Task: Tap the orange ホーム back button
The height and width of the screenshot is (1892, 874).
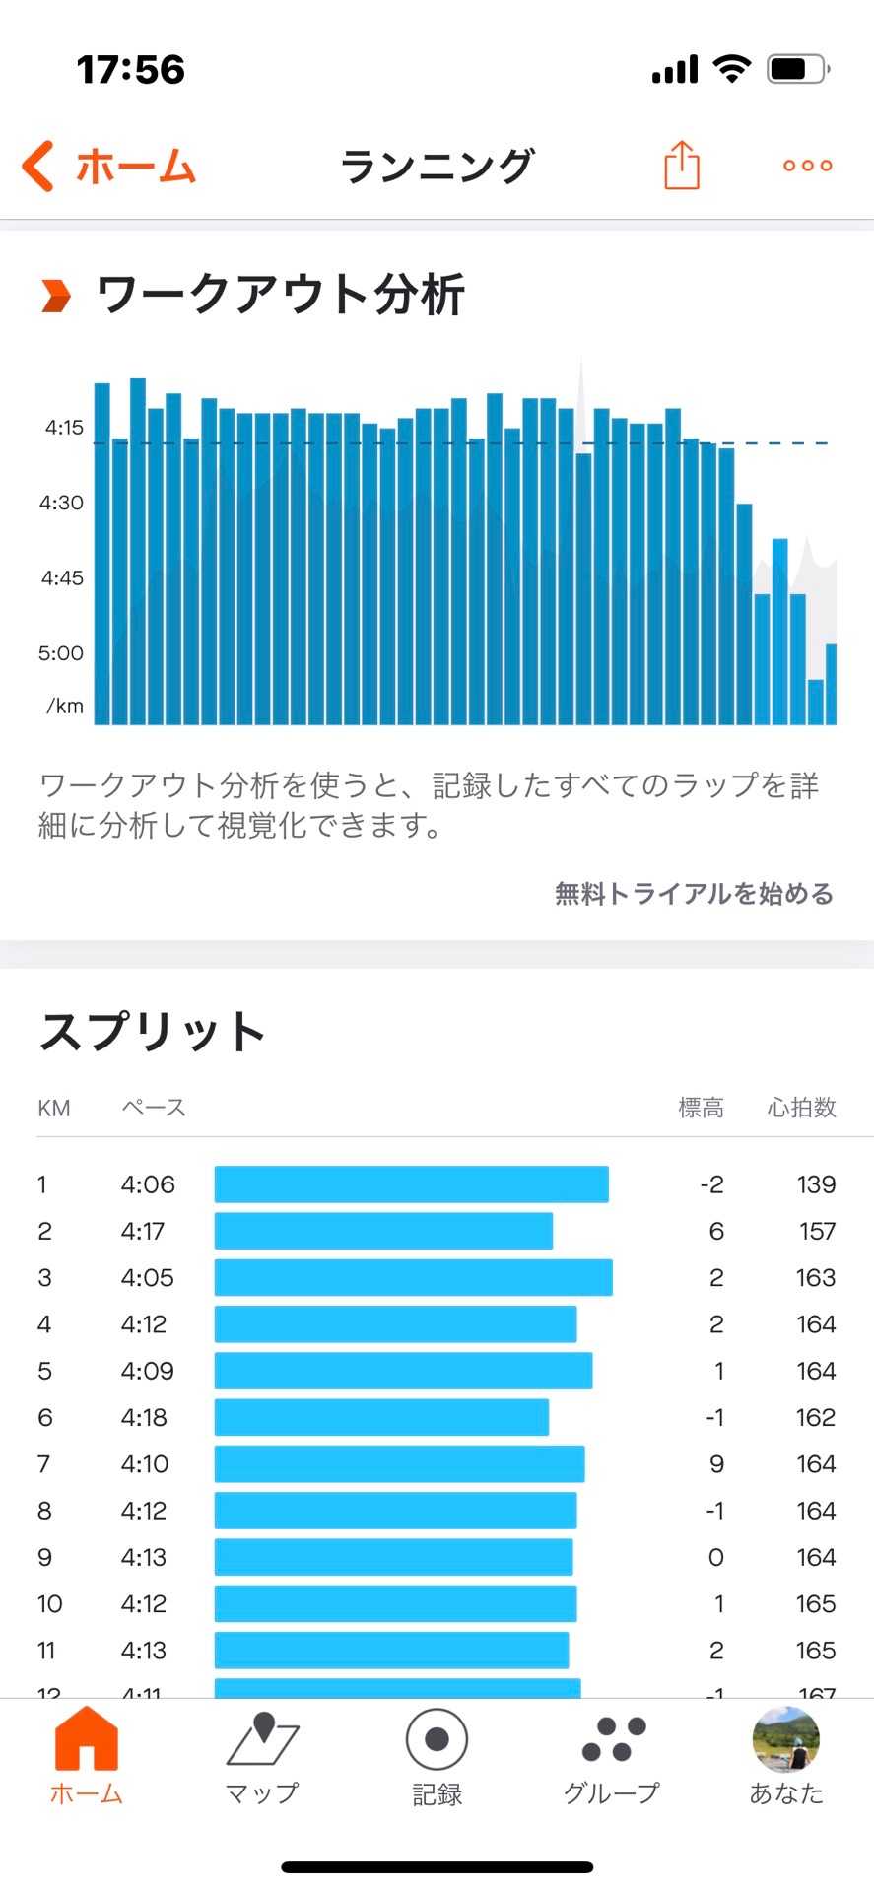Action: point(109,166)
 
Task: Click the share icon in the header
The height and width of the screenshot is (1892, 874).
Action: point(681,165)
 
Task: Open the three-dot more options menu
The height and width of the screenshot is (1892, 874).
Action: point(807,166)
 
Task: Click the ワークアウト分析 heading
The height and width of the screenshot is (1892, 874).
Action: point(280,295)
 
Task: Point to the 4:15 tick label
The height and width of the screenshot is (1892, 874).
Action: point(64,428)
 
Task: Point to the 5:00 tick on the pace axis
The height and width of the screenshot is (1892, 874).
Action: point(61,653)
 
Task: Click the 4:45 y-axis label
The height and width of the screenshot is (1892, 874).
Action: point(62,578)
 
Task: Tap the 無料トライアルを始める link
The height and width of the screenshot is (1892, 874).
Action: point(694,894)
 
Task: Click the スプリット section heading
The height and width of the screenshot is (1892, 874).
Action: point(153,1032)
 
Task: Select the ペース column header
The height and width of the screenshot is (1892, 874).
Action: point(154,1108)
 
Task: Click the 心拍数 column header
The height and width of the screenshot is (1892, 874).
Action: point(801,1108)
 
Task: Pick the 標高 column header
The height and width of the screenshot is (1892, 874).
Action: point(701,1108)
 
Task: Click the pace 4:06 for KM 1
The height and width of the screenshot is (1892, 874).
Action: point(148,1184)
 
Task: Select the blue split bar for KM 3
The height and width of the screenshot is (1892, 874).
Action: point(413,1277)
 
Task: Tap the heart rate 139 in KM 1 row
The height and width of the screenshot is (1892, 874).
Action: point(816,1184)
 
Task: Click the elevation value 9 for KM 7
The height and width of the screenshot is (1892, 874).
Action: point(716,1464)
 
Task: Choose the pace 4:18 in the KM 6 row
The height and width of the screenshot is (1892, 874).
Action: point(144,1417)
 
